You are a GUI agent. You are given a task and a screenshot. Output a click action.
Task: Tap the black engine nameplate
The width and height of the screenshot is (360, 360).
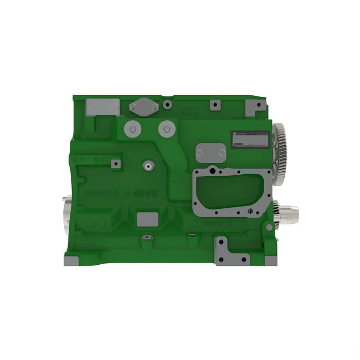(252, 138)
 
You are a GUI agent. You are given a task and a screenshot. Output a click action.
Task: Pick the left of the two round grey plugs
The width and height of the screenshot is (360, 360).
(132, 129)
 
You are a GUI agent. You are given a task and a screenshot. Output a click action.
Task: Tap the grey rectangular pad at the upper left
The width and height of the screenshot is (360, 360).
(103, 106)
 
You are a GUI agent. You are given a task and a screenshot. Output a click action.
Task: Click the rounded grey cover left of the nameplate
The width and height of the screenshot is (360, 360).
(211, 153)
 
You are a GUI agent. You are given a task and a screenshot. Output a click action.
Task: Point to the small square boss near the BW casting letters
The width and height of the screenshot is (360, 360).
(116, 163)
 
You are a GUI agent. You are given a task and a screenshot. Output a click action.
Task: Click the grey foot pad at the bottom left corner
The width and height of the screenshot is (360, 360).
(70, 261)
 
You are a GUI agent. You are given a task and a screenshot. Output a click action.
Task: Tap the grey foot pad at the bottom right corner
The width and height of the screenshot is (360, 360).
(270, 260)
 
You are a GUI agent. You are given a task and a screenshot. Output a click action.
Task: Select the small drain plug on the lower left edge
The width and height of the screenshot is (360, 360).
(146, 238)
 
